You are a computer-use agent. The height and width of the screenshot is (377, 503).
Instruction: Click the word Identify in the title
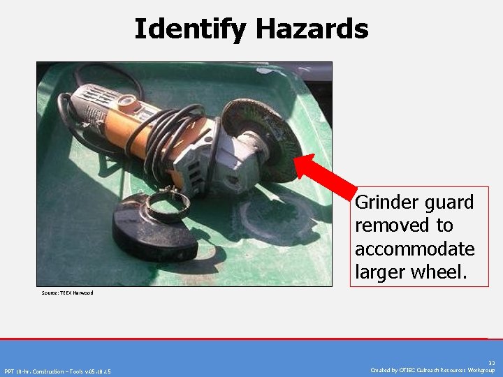(191, 29)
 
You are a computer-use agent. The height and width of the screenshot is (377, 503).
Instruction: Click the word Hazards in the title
(312, 29)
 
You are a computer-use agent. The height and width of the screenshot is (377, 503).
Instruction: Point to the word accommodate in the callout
(414, 249)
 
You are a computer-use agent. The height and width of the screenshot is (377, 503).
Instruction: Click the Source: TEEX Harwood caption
(67, 293)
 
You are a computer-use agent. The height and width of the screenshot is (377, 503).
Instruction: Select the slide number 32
(492, 363)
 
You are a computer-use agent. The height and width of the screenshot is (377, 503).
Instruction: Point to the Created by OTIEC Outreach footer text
(432, 371)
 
